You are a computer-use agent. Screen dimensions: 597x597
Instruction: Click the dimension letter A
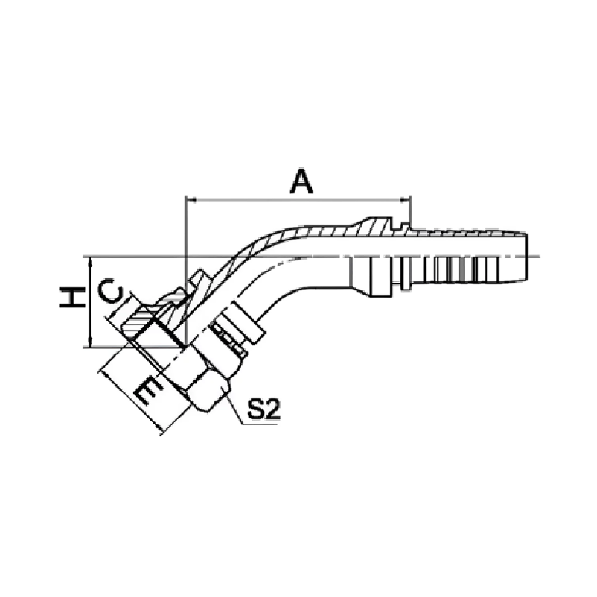click(x=301, y=181)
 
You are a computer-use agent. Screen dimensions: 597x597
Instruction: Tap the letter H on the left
click(x=72, y=297)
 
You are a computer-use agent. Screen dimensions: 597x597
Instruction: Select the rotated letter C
click(x=110, y=291)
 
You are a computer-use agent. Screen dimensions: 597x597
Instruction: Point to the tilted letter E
click(x=149, y=390)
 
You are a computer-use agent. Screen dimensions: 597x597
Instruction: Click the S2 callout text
click(x=263, y=409)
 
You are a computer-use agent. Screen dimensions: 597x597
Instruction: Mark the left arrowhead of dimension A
click(x=190, y=199)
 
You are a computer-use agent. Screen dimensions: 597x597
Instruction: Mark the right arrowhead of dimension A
click(x=405, y=199)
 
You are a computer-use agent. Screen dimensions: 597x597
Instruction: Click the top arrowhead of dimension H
click(x=90, y=260)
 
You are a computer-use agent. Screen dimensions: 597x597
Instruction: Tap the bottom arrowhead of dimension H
click(x=90, y=343)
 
